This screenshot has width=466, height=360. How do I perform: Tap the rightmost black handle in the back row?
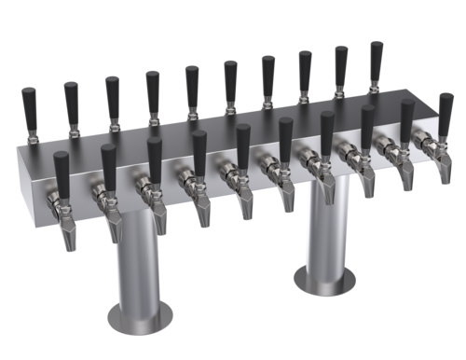coord(376,59)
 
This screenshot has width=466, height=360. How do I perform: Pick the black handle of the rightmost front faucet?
coord(445,111)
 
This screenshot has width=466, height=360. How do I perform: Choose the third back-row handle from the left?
coord(112,92)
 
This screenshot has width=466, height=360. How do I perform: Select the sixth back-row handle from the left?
coord(229,76)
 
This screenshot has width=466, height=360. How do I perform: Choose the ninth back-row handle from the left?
coord(340,62)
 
